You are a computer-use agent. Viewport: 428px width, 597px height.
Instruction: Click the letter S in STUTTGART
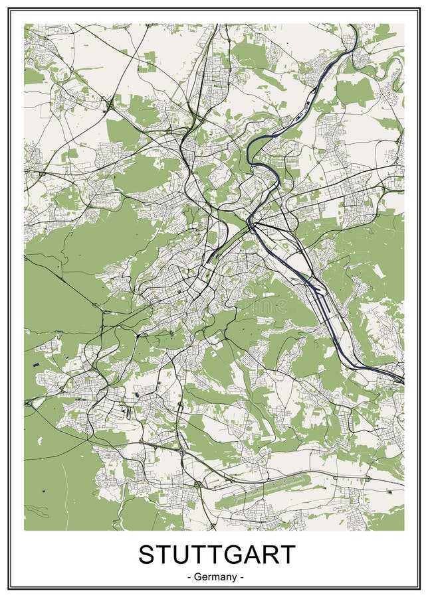[x=148, y=555]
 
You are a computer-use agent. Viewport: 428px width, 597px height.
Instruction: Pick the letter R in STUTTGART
[x=274, y=555]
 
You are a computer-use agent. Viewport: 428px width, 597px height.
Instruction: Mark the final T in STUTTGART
[x=290, y=555]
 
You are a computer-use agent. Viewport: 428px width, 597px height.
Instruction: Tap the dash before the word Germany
[x=190, y=577]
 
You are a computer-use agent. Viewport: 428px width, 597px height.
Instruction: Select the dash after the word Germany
[x=242, y=577]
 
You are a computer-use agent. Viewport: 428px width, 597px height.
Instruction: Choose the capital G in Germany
[x=199, y=577]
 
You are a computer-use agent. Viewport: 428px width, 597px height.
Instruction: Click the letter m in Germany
[x=215, y=578]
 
